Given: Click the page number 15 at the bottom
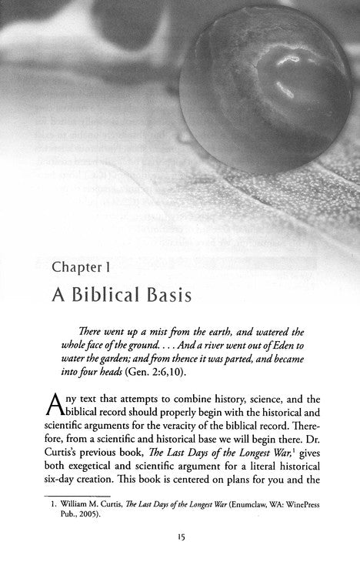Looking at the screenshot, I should [180, 551].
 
